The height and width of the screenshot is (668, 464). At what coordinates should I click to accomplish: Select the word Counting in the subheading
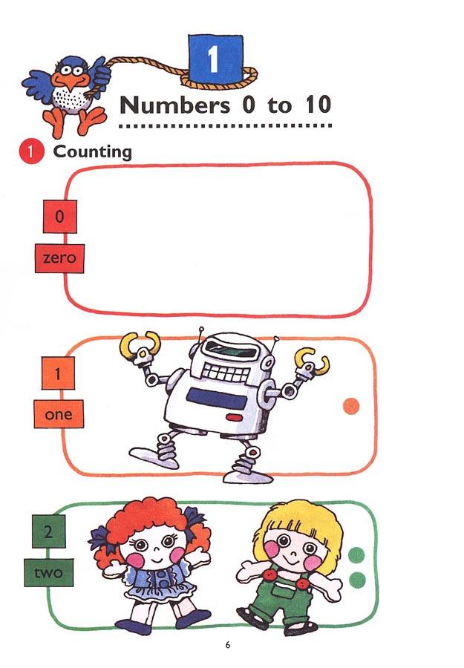(x=92, y=152)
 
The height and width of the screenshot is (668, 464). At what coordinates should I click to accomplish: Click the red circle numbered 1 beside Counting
(x=28, y=152)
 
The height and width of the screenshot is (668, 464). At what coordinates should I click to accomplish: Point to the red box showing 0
(x=60, y=217)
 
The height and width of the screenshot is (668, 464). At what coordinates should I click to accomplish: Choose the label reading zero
(x=59, y=259)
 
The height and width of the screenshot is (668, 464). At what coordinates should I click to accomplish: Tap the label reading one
(x=59, y=414)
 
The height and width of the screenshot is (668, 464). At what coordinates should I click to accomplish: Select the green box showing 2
(x=49, y=532)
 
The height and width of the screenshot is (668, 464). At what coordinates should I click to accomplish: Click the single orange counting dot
(x=351, y=405)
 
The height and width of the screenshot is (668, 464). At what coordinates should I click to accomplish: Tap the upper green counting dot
(x=357, y=554)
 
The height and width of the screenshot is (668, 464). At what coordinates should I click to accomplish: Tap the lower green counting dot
(x=357, y=579)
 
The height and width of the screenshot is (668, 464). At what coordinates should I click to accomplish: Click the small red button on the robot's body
(x=234, y=417)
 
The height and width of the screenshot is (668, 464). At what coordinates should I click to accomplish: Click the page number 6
(x=228, y=644)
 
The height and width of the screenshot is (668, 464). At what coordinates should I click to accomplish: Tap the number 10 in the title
(x=317, y=105)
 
